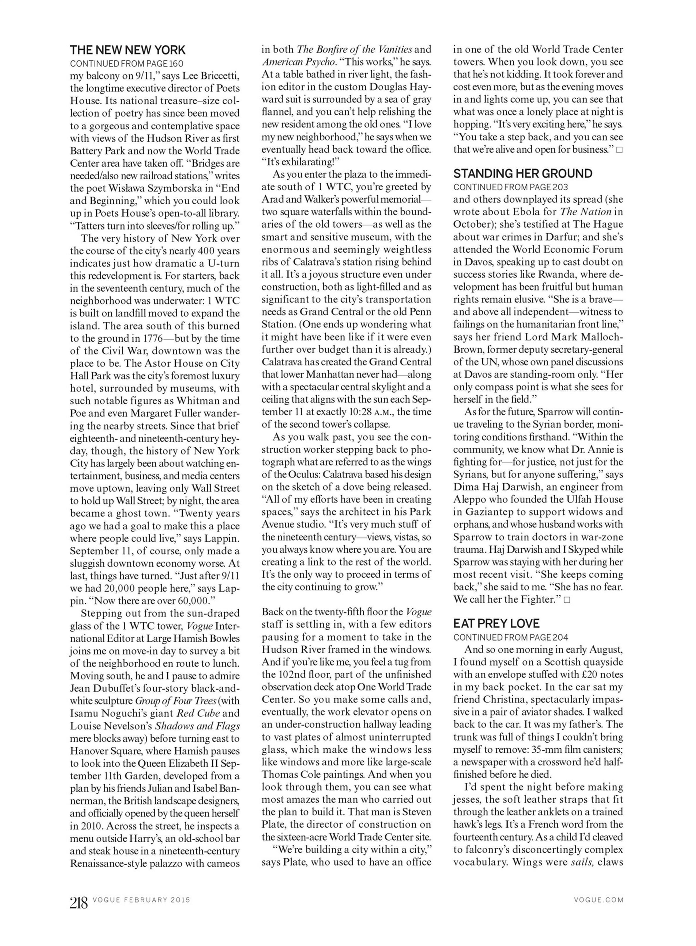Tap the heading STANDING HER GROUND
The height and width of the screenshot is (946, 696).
(522, 173)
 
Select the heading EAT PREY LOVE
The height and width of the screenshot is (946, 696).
(496, 623)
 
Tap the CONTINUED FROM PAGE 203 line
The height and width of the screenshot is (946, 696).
(510, 187)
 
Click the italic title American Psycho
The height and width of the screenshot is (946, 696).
(299, 62)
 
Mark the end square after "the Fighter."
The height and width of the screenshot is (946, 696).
(567, 600)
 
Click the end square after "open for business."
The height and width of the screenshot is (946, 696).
(619, 150)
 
